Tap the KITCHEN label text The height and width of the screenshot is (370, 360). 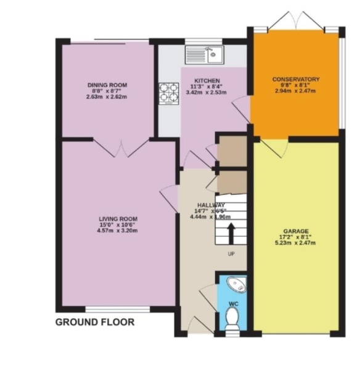206,81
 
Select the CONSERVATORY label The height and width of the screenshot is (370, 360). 297,80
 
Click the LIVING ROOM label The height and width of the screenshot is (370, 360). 118,219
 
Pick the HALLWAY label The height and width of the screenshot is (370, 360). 211,205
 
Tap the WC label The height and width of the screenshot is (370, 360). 232,303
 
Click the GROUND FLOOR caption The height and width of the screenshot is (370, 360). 95,322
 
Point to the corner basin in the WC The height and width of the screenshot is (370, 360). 235,286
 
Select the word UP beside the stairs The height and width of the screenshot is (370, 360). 231,253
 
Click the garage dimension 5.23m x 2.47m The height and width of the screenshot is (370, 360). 296,243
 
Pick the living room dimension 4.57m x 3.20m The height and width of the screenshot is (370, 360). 118,231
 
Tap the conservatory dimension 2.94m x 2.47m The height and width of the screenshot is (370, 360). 297,91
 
